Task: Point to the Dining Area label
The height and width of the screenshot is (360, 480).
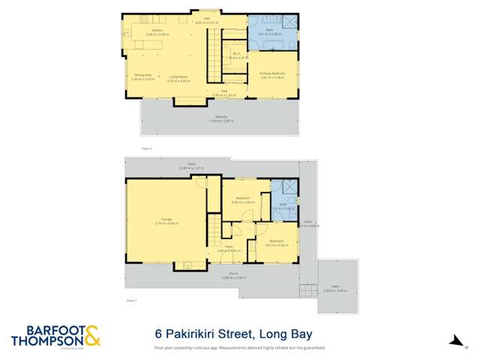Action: coord(142,76)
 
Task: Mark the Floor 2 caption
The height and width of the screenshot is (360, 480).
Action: coord(146,148)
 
